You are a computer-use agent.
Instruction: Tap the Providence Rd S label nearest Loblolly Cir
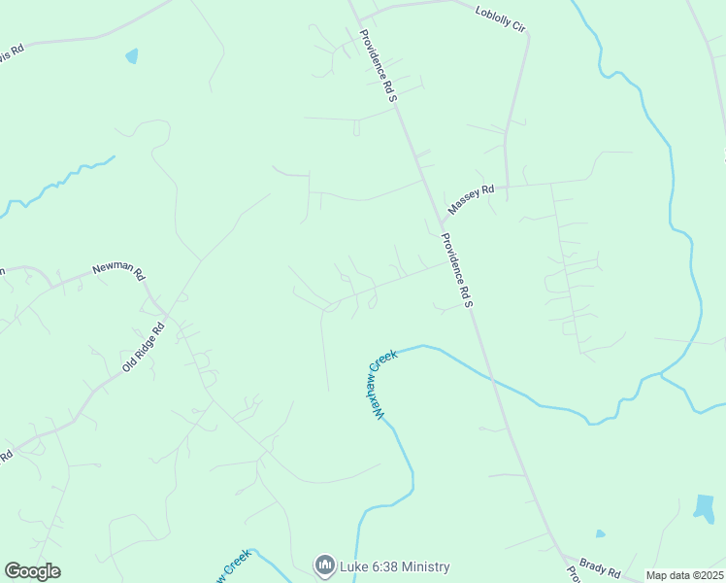379,65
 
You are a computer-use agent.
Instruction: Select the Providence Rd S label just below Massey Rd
455,270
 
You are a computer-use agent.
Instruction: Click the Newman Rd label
117,270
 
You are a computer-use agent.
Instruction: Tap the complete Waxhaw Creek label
381,386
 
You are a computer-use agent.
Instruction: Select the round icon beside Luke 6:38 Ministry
324,565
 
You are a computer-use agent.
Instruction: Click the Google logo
32,571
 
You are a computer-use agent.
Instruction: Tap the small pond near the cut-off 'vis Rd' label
132,56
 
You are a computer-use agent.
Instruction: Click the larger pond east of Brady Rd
704,506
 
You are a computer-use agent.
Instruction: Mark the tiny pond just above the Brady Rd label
600,533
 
